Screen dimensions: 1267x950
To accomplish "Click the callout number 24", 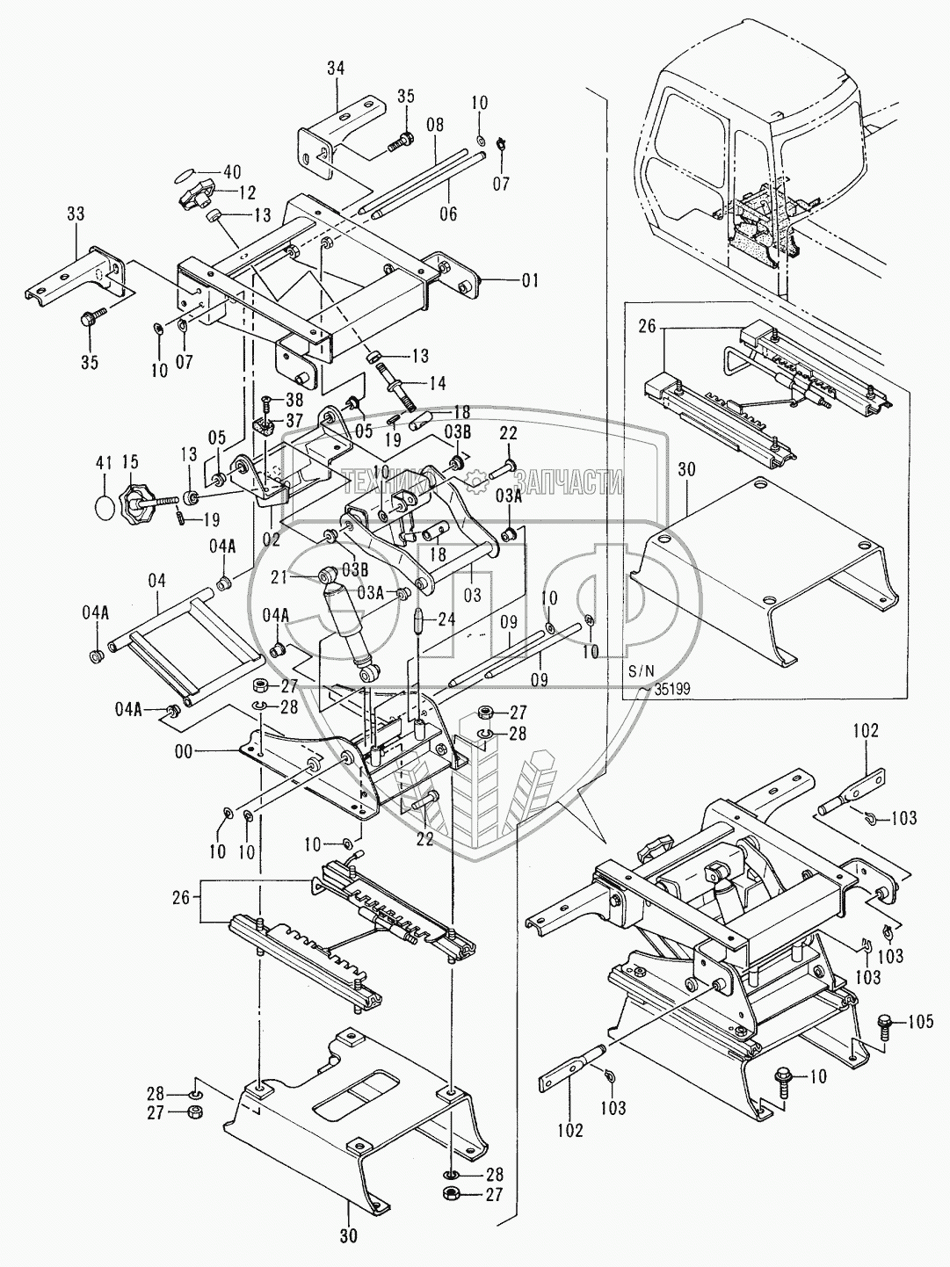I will pos(448,619).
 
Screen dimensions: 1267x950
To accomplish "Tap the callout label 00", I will pos(184,751).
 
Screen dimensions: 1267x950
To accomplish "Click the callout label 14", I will pos(437,383).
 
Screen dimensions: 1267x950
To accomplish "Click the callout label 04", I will pos(156,581).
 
